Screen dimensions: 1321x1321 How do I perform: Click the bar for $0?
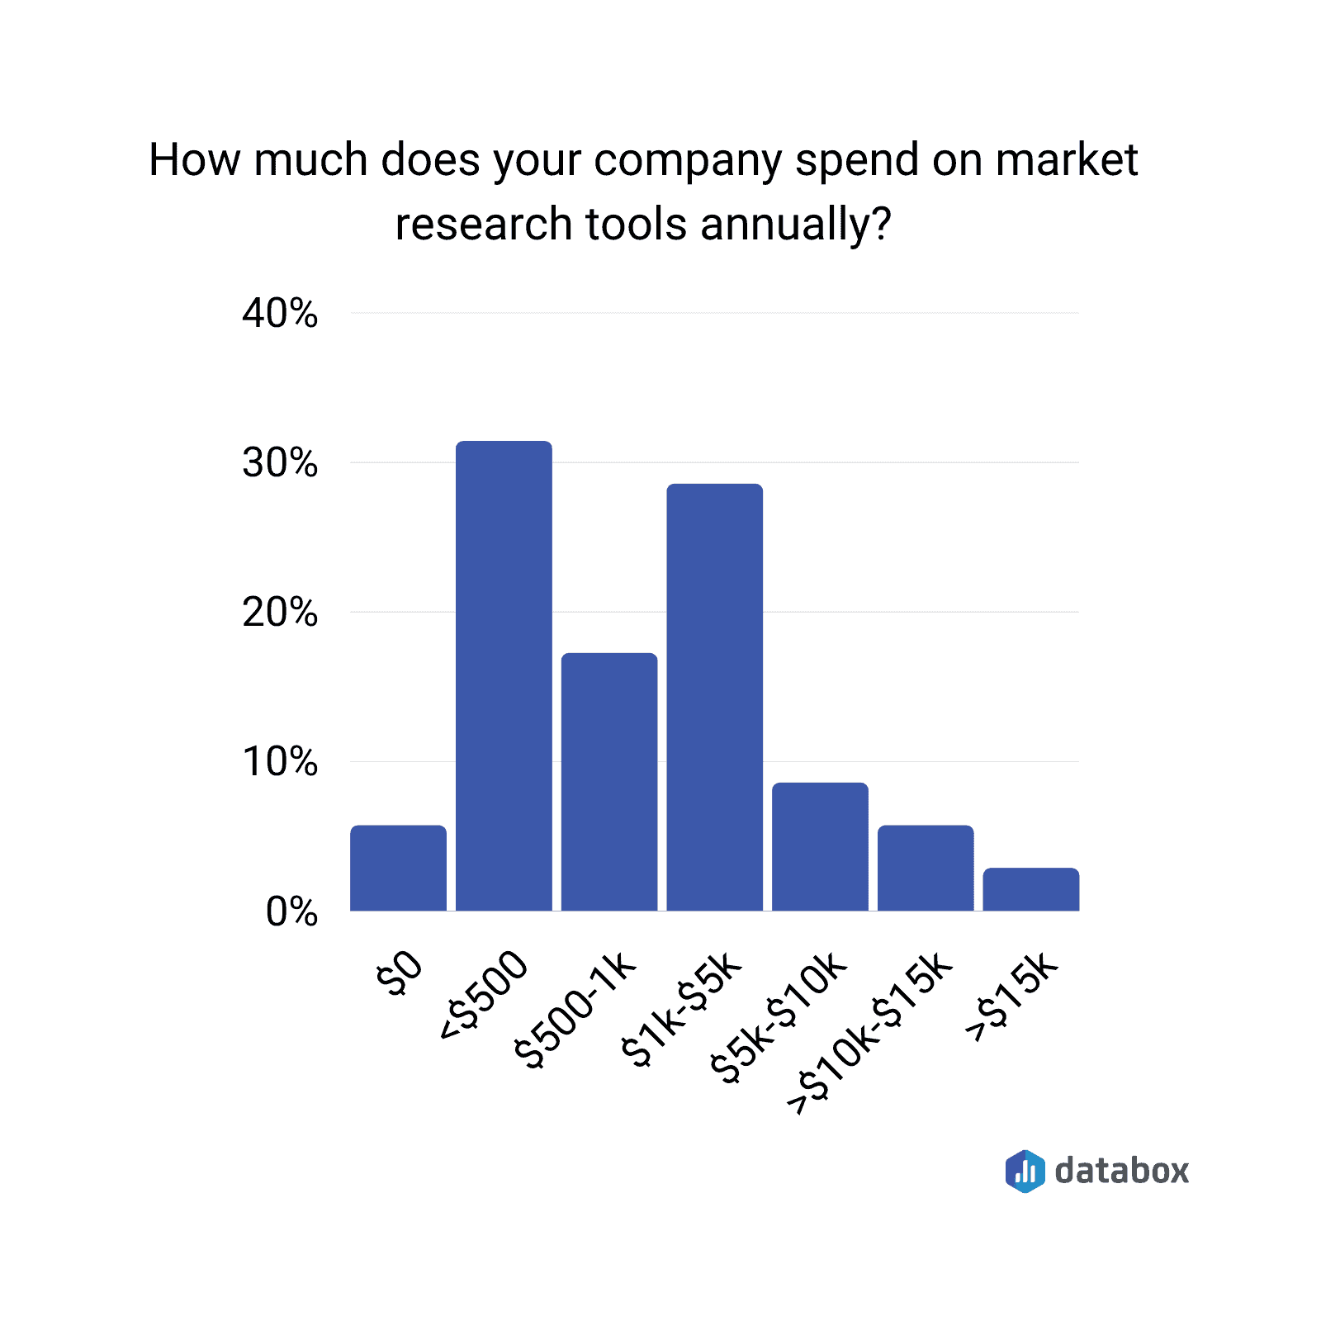(x=398, y=868)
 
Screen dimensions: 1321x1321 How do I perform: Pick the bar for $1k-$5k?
(x=714, y=697)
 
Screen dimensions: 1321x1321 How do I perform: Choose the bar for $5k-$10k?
(x=820, y=846)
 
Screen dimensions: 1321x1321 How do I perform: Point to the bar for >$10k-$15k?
(x=926, y=868)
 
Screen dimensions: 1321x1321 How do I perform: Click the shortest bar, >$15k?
(x=1030, y=889)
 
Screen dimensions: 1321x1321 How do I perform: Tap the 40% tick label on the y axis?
(x=280, y=314)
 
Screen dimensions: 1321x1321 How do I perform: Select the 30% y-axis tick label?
(x=280, y=463)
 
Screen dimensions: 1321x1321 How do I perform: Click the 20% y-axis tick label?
(x=280, y=613)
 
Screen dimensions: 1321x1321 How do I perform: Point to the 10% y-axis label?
(x=280, y=762)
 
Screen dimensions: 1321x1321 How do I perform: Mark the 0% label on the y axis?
(x=291, y=912)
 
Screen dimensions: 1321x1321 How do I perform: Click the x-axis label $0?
(x=400, y=974)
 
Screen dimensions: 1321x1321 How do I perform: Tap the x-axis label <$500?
(x=484, y=996)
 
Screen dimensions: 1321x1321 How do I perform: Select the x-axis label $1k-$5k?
(x=682, y=1011)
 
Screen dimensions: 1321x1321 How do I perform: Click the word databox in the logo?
(x=1121, y=1171)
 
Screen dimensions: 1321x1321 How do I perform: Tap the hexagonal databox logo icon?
(x=1025, y=1171)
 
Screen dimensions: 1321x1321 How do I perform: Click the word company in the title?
(x=687, y=160)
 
